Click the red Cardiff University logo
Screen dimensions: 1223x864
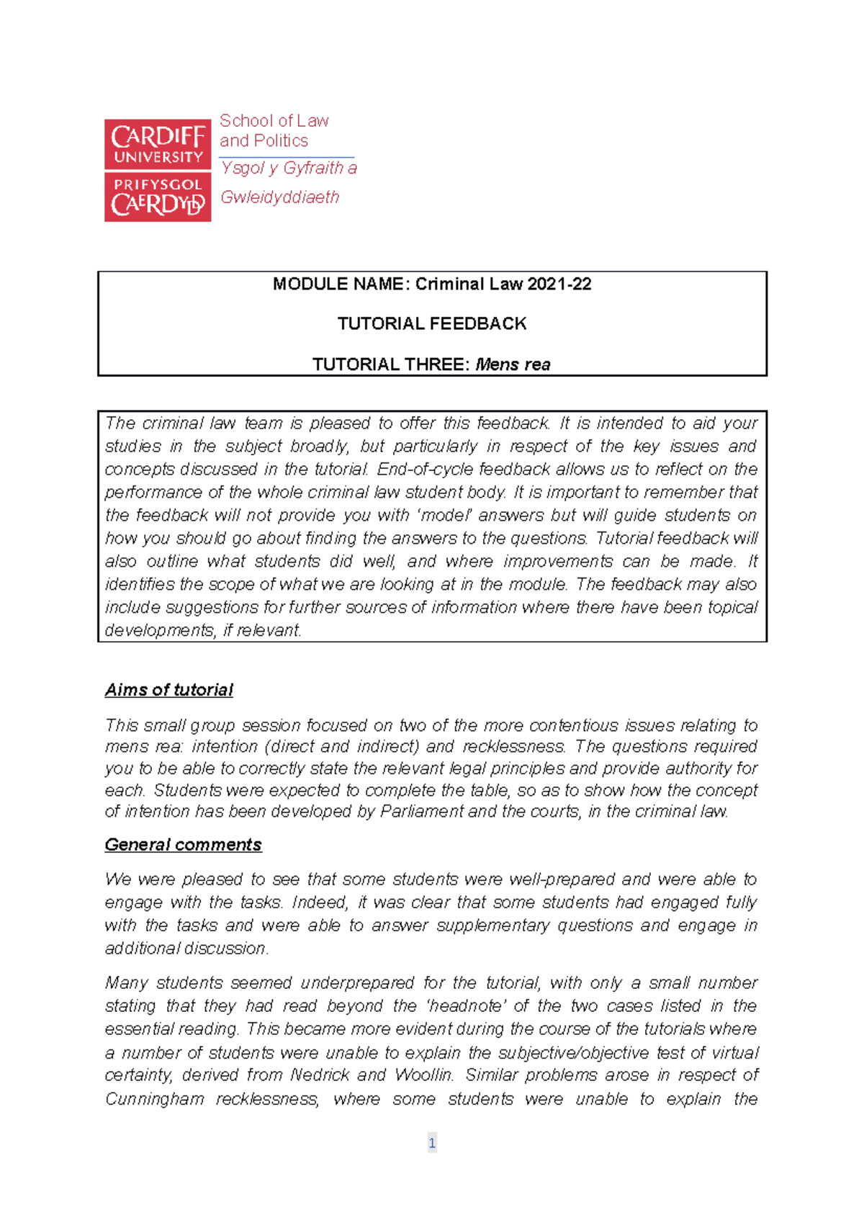(158, 170)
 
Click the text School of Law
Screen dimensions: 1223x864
(274, 120)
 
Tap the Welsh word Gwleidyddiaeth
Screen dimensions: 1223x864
(279, 197)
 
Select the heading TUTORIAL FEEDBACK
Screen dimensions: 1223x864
(432, 323)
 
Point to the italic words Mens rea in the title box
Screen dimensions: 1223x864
(513, 364)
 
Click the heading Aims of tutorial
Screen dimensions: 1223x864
(169, 690)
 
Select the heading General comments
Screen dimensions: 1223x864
(184, 844)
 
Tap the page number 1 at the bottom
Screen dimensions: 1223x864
(432, 1142)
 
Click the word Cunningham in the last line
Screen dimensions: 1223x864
(154, 1099)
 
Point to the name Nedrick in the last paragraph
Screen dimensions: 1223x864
(318, 1075)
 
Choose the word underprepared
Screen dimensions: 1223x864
(357, 983)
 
